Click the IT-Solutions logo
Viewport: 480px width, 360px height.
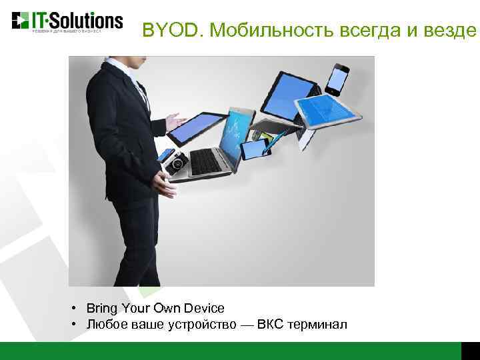coord(67,21)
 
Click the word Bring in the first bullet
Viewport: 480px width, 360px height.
coord(101,309)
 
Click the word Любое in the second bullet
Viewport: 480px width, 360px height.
coord(103,325)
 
